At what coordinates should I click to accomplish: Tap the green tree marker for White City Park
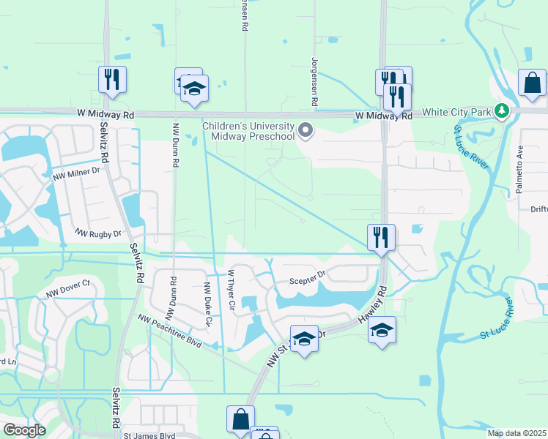502,111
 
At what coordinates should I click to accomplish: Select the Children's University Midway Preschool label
248,130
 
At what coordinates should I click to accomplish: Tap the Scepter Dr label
306,276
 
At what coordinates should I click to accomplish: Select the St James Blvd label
149,435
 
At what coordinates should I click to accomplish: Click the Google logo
25,430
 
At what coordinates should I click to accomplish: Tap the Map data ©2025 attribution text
516,433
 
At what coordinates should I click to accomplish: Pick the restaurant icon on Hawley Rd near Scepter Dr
381,237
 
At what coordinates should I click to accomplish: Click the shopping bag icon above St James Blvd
240,419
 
